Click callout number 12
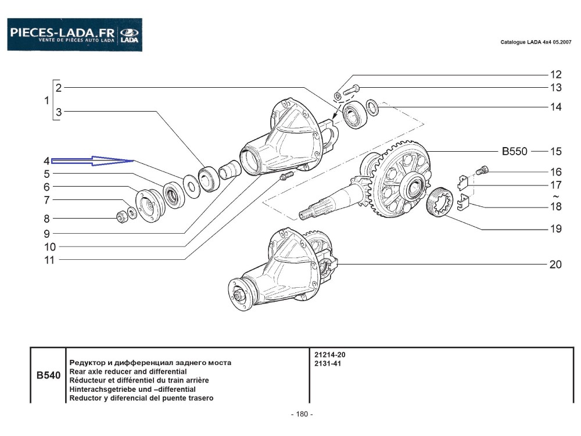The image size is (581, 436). click(x=555, y=74)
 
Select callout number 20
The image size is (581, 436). click(x=555, y=265)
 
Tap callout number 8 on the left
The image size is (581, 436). click(x=46, y=219)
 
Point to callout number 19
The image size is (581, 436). click(x=555, y=229)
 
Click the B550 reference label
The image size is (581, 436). click(x=514, y=152)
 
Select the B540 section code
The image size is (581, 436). click(x=48, y=376)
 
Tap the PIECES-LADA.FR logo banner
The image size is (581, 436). click(x=74, y=35)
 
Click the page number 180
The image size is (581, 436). click(x=301, y=414)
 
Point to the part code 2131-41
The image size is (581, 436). click(x=327, y=363)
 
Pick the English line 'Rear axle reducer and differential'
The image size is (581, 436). click(x=128, y=371)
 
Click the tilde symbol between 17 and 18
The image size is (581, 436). click(x=555, y=196)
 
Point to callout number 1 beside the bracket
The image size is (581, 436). click(x=46, y=101)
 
